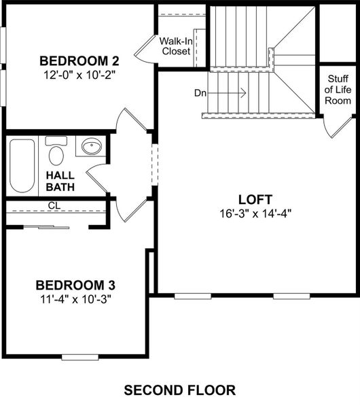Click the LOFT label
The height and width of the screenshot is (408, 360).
[x=255, y=199]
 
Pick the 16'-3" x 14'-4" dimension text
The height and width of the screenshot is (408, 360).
[x=255, y=213]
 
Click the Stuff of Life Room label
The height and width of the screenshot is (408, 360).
[x=338, y=89]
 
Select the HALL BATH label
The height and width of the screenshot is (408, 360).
[x=60, y=181]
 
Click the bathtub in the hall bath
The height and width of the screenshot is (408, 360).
[x=22, y=167]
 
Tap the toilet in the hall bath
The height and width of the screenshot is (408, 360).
[x=56, y=154]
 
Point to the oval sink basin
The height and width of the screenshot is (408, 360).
[x=90, y=146]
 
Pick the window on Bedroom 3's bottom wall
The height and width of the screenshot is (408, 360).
[x=79, y=356]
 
